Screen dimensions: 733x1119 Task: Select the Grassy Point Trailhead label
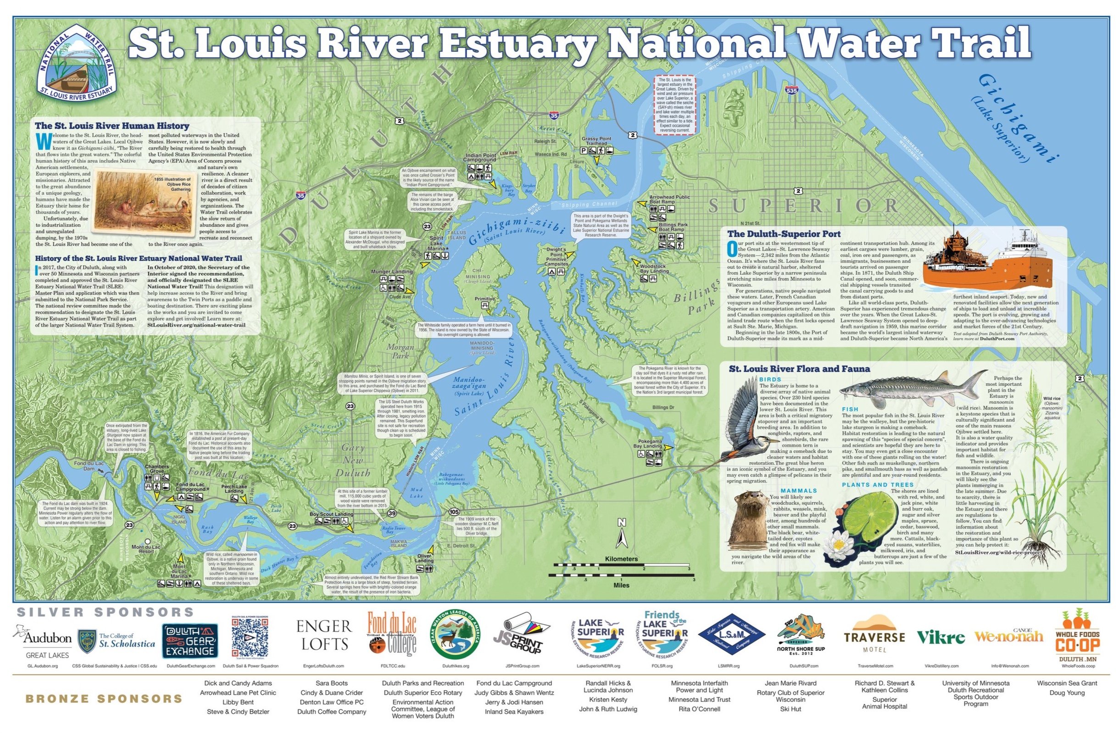point(596,141)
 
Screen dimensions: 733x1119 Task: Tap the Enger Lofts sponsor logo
point(323,635)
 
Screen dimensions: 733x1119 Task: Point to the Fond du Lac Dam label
point(89,466)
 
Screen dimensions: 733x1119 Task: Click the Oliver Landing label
point(424,558)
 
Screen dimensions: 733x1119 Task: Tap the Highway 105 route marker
point(454,511)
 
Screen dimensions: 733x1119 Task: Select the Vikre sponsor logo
point(941,638)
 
